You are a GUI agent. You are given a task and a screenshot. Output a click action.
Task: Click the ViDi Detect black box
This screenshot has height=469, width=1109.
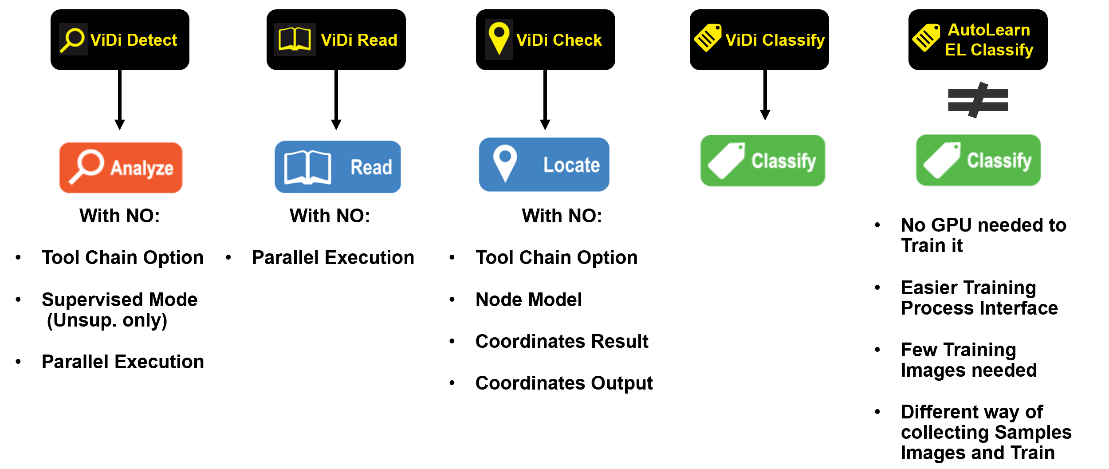coord(120,39)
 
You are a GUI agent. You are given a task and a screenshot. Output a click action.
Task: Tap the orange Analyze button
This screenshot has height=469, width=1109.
coord(121,168)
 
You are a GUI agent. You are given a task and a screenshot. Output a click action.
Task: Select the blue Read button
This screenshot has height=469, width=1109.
coord(338,167)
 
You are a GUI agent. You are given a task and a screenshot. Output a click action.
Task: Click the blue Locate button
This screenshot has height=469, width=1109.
coord(544,165)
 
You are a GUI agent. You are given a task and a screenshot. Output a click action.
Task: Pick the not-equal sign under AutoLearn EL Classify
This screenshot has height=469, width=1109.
coord(978,100)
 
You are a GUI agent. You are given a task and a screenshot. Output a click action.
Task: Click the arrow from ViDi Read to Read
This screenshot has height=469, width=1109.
coord(336,99)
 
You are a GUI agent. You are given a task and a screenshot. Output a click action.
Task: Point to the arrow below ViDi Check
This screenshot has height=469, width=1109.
coord(545,99)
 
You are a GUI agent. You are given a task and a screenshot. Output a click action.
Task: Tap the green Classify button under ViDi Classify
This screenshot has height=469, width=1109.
coord(763,161)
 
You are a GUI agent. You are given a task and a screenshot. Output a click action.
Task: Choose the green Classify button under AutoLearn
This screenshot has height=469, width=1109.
coord(978,160)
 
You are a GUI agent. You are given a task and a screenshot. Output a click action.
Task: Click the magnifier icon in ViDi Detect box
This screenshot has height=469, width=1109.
coord(73,39)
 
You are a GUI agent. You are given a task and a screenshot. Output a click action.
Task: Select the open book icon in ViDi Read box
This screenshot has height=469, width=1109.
coord(295,39)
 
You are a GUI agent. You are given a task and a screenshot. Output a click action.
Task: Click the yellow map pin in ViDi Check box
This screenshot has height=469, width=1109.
coord(499,38)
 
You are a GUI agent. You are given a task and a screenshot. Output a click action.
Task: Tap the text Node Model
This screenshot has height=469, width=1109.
coord(528,300)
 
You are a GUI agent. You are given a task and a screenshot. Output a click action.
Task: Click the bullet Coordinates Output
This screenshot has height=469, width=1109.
coord(563,383)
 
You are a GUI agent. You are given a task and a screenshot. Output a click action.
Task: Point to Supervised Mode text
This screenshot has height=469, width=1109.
coord(119,300)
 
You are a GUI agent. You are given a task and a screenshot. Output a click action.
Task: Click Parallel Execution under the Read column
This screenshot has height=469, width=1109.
coord(333,257)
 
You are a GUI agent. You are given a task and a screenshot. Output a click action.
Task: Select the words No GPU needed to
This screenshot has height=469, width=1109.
coord(983,225)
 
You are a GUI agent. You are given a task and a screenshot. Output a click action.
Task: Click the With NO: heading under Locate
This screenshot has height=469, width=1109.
coord(562,216)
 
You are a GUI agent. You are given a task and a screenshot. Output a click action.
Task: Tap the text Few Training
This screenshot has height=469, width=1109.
coord(958,350)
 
